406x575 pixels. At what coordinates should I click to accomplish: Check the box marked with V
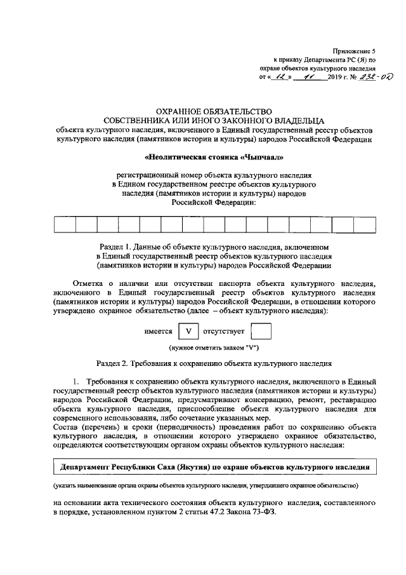pos(188,332)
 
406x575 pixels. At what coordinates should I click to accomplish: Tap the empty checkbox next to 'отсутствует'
pos(261,332)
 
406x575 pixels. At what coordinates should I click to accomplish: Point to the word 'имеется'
pos(159,332)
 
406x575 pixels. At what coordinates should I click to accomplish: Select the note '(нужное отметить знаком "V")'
pos(213,348)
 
